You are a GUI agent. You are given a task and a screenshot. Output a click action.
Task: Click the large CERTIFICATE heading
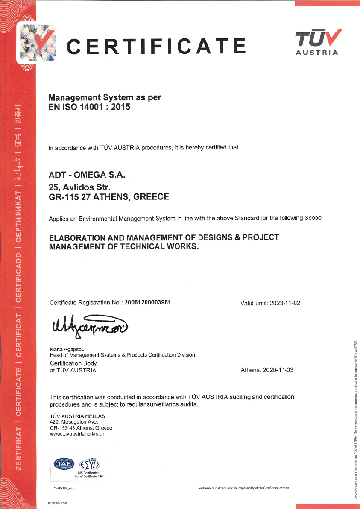(x=156, y=46)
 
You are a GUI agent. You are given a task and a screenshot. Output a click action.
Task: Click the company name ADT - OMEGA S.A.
(x=88, y=175)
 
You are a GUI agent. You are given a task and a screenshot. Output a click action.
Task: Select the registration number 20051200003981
(x=148, y=302)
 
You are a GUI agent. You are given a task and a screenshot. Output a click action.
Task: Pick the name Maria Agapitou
(x=67, y=349)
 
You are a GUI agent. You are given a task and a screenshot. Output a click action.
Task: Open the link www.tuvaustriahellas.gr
(x=77, y=433)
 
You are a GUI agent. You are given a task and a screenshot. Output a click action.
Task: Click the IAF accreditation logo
(x=63, y=463)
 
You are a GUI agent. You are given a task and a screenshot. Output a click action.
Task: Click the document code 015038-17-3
(x=58, y=504)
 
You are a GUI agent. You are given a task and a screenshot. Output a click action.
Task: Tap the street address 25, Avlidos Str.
(x=80, y=187)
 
